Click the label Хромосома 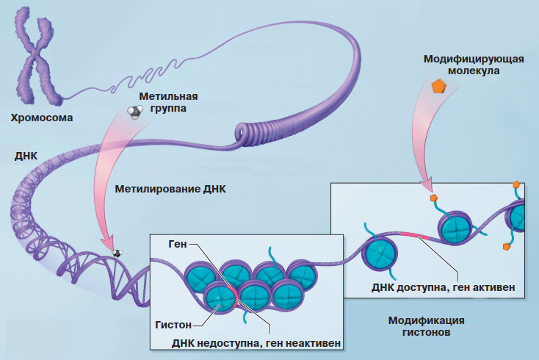coord(42,117)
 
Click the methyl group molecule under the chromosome coord(135,110)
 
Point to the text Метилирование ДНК coord(171,188)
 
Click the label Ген coord(179,243)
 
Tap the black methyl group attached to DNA coord(116,253)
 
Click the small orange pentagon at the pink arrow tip coord(434,198)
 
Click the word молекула coord(474,71)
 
